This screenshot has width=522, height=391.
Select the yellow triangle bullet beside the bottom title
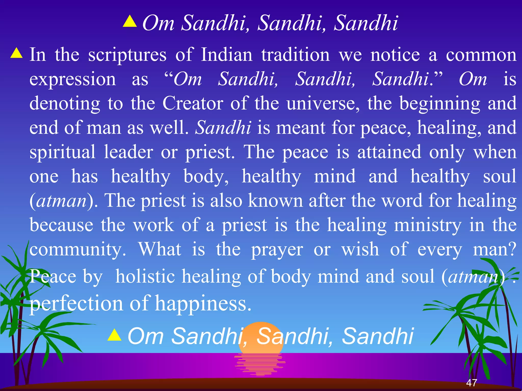(x=114, y=335)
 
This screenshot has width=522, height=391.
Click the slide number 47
(x=472, y=383)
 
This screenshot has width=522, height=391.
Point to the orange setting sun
(x=261, y=339)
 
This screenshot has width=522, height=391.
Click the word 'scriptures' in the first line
(x=127, y=55)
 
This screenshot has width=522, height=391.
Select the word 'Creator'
(x=193, y=103)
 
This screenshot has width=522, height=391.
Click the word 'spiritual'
(x=62, y=152)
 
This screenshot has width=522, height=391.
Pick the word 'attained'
(x=389, y=152)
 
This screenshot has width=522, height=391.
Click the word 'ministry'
(x=427, y=225)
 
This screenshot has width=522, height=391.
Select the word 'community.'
(x=77, y=249)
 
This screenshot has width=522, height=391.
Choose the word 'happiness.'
(x=203, y=303)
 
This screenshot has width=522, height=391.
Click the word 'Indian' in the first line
(x=227, y=55)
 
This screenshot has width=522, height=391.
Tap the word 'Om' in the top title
(x=158, y=23)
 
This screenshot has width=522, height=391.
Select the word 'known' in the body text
(x=275, y=201)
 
